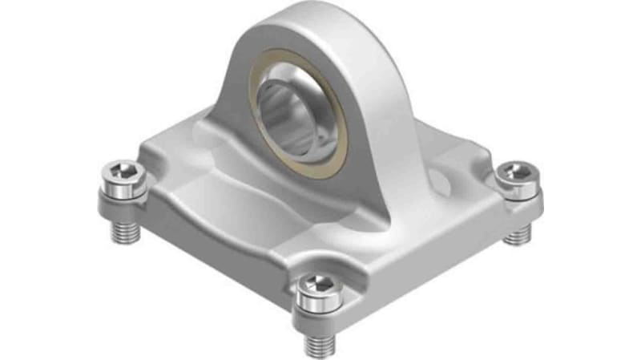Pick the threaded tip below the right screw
[519, 233]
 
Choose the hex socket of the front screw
[319, 285]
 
